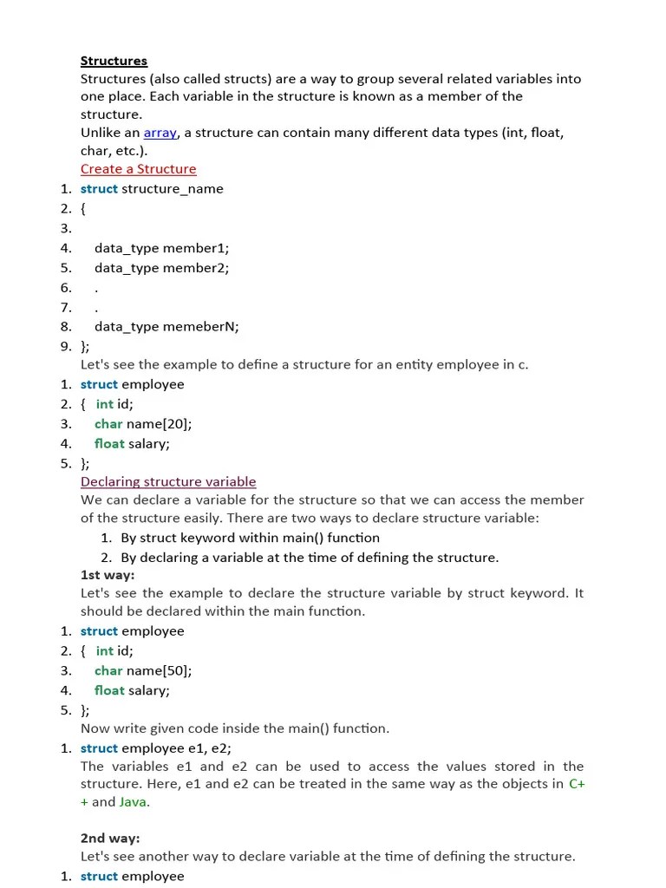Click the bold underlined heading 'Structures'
point(114,61)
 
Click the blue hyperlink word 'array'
point(160,133)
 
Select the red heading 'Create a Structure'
point(139,169)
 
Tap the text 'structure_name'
point(173,189)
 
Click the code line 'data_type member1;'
point(161,248)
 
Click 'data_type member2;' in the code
point(161,268)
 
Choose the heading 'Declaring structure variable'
point(168,481)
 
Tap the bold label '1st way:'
point(108,575)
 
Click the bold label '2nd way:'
point(110,839)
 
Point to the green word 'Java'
point(134,802)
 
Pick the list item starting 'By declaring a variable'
point(310,558)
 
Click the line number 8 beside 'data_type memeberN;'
point(66,327)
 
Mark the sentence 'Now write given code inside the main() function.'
point(235,728)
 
